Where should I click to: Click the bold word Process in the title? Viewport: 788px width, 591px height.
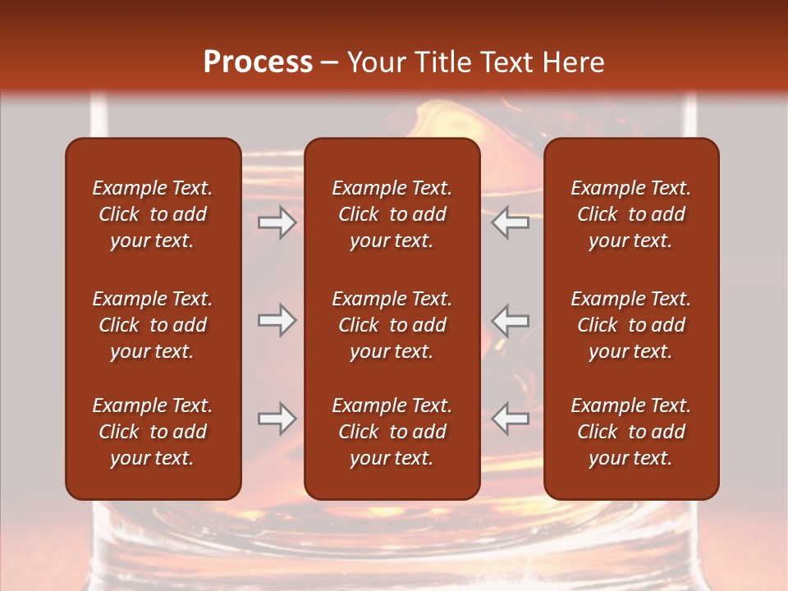258,62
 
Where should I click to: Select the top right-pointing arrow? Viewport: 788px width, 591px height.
277,222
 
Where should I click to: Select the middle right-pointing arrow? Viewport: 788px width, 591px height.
277,320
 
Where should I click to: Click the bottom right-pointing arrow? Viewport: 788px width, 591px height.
277,419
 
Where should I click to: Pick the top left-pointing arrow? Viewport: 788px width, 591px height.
511,222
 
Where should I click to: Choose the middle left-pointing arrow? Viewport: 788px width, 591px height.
511,320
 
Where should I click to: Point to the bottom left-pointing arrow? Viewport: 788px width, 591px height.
511,419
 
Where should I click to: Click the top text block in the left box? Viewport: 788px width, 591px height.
153,214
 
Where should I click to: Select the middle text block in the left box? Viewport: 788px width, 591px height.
153,325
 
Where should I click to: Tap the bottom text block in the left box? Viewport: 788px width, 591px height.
153,432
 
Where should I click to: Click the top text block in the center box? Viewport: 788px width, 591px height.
392,214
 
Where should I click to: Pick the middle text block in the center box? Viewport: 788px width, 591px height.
392,325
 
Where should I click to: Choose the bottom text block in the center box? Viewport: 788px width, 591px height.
392,432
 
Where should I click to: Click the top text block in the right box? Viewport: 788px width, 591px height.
630,214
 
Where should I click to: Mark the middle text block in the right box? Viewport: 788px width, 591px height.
630,325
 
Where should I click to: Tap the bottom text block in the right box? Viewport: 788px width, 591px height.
630,432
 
